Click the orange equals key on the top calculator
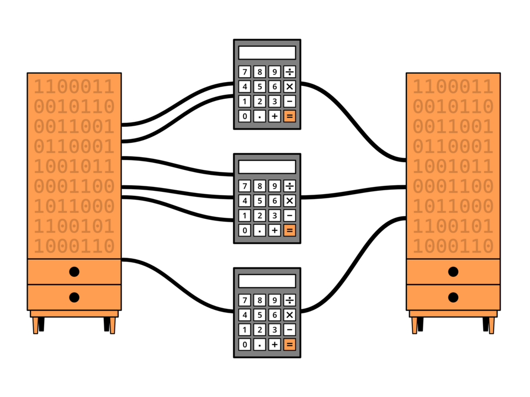pyautogui.click(x=289, y=116)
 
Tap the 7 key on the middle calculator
pyautogui.click(x=245, y=186)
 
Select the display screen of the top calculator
pyautogui.click(x=267, y=53)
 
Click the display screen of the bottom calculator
pyautogui.click(x=267, y=281)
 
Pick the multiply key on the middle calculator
pyautogui.click(x=289, y=201)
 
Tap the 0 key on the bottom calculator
pyautogui.click(x=245, y=345)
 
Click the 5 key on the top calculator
pyautogui.click(x=259, y=87)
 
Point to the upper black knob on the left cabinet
pyautogui.click(x=74, y=271)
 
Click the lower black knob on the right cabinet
pyautogui.click(x=453, y=298)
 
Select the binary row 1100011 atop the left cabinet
pyautogui.click(x=74, y=87)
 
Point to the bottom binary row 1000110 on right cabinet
pyautogui.click(x=453, y=246)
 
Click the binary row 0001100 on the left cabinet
pyautogui.click(x=74, y=186)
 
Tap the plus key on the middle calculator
pyautogui.click(x=274, y=230)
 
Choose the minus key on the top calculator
pyautogui.click(x=289, y=101)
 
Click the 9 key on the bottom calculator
pyautogui.click(x=274, y=300)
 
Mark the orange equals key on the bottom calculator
pyautogui.click(x=289, y=345)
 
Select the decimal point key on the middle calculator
pyautogui.click(x=259, y=230)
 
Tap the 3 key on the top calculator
pyautogui.click(x=274, y=101)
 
